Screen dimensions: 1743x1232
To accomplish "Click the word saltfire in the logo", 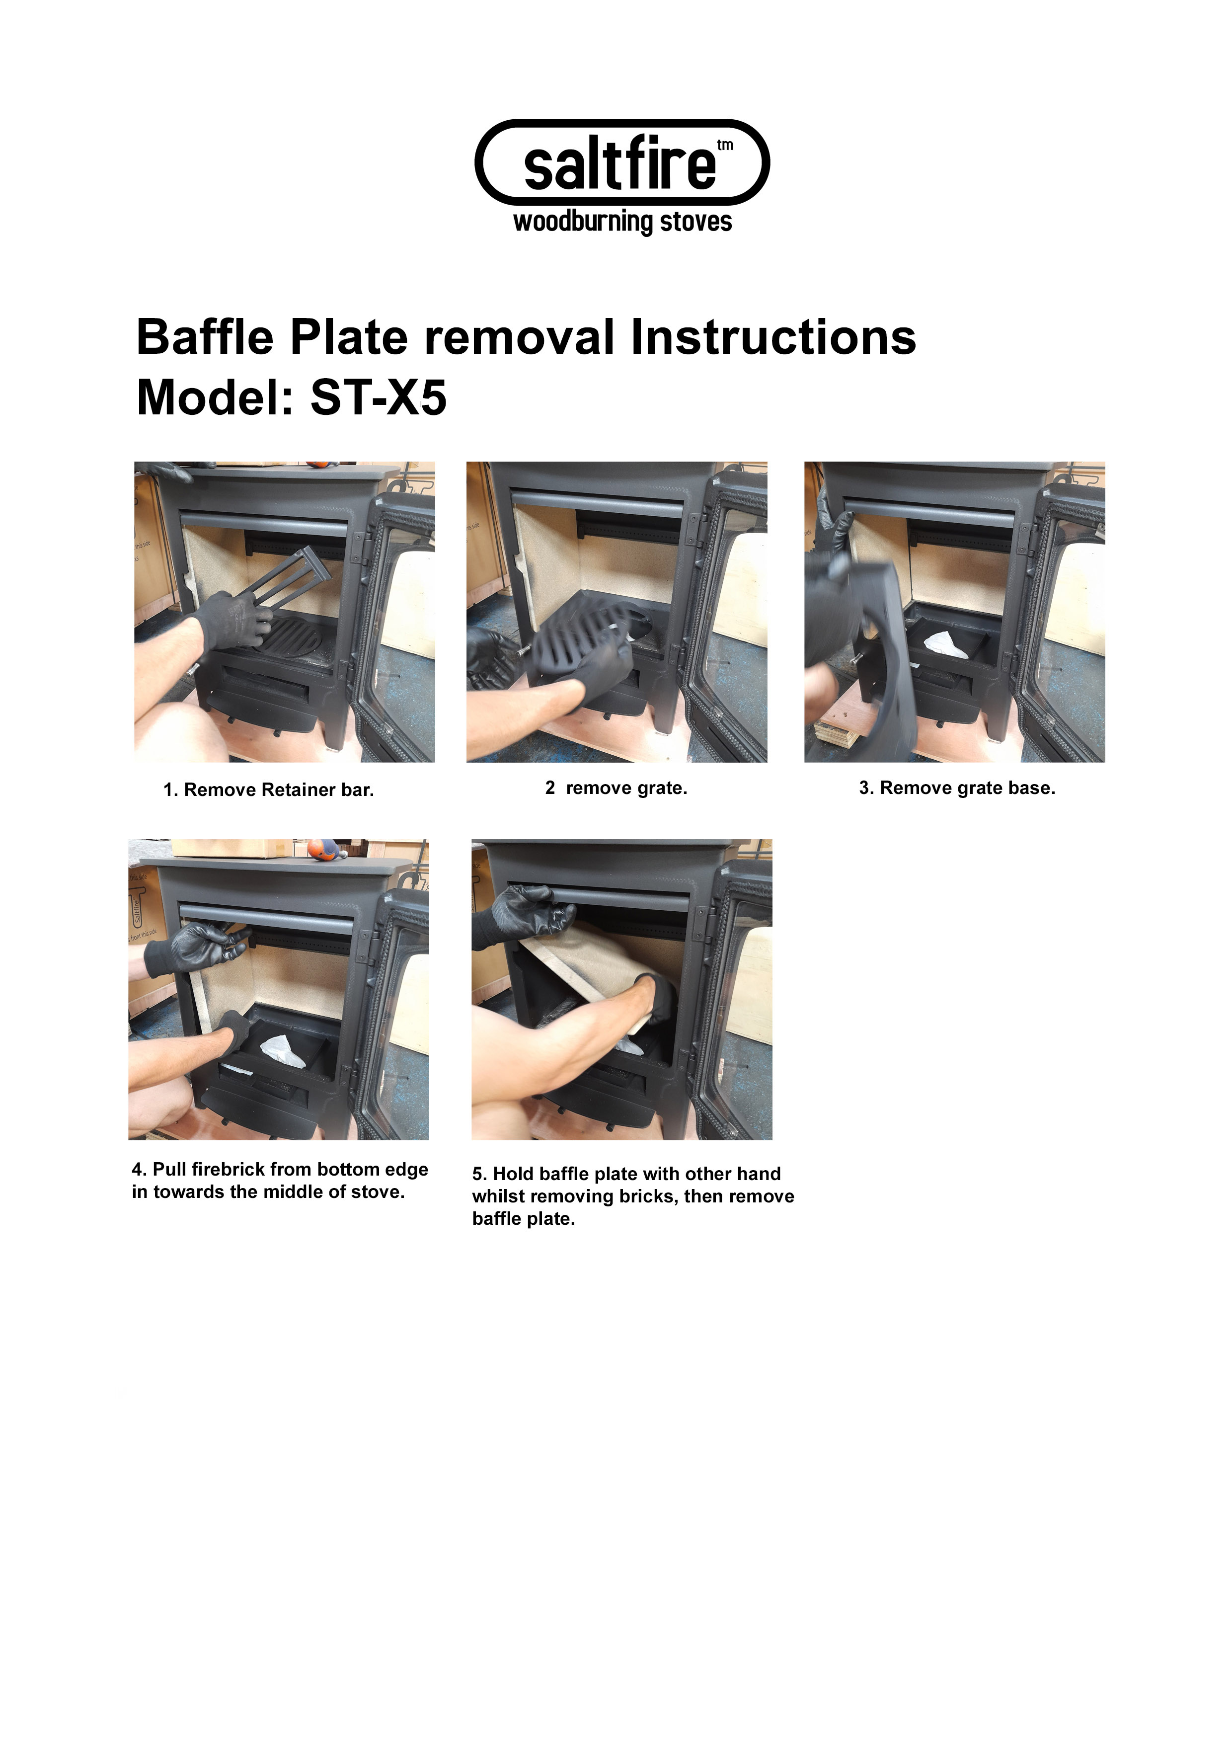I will click(618, 165).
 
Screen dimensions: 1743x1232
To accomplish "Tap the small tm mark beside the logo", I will click(724, 145).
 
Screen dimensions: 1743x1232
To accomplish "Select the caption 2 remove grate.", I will click(616, 788).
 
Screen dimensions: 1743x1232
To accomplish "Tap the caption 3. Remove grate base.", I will click(957, 788).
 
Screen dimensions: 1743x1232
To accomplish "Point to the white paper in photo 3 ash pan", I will click(945, 644).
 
